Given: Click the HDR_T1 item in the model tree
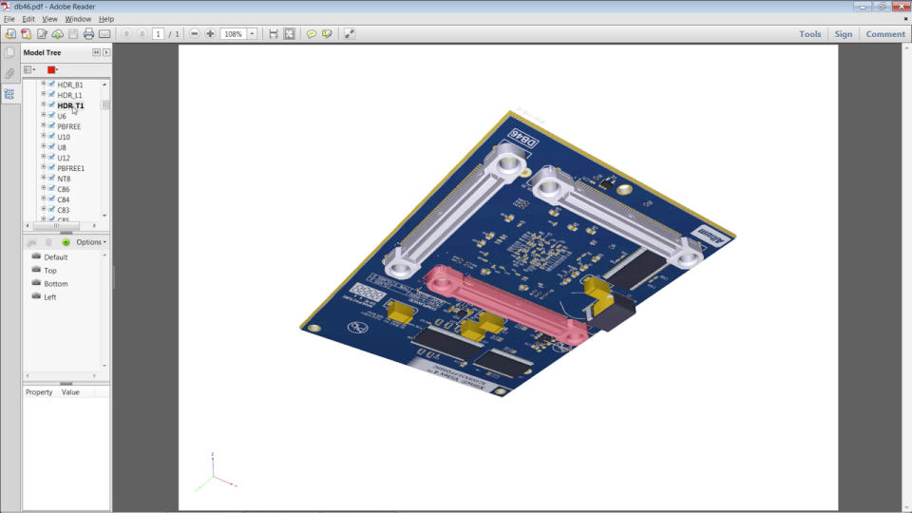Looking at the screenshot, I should click(x=70, y=105).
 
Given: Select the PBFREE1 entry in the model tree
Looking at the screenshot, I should click(x=70, y=168).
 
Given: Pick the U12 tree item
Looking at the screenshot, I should click(x=64, y=158).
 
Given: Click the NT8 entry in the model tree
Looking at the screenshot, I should click(x=64, y=179).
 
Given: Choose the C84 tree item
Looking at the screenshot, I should click(x=64, y=199).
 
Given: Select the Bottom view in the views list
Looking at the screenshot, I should click(x=55, y=284).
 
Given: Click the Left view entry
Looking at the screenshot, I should click(x=49, y=297).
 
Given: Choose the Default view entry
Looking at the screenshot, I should click(x=55, y=257).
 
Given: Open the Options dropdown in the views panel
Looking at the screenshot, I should click(x=90, y=242).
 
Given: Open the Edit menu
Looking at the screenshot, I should click(x=28, y=19).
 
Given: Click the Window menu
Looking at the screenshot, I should click(x=78, y=19).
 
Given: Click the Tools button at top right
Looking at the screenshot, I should click(x=809, y=34).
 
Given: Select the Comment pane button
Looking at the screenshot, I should click(x=884, y=34).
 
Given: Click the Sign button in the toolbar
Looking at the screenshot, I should click(x=844, y=34).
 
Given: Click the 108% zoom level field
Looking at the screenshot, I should click(x=233, y=34).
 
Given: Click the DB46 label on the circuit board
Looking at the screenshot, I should click(x=524, y=139).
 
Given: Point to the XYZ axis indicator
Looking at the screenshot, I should click(x=214, y=474).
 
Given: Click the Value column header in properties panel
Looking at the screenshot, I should click(x=70, y=392).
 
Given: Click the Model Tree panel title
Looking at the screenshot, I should click(x=42, y=53).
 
